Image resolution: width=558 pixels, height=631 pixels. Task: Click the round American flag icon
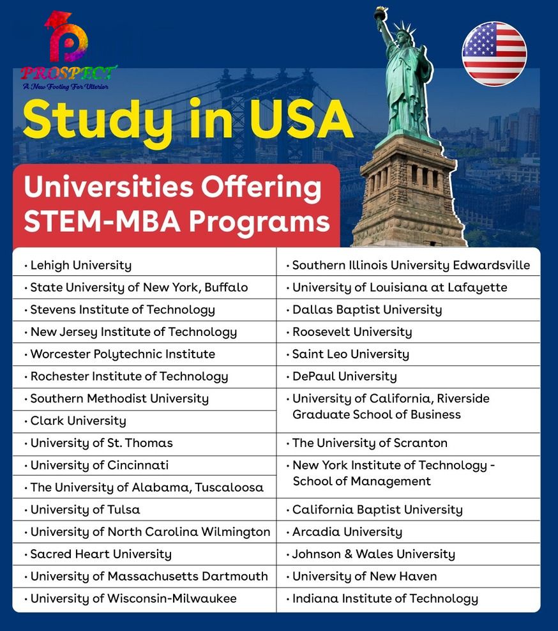click(494, 54)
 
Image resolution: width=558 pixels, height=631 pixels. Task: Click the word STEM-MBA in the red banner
click(102, 221)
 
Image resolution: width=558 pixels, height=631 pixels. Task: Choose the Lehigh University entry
click(80, 265)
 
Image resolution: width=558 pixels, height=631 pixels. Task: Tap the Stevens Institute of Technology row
click(123, 310)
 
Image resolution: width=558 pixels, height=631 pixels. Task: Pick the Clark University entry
click(78, 421)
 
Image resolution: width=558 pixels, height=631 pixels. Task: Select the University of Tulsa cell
click(85, 510)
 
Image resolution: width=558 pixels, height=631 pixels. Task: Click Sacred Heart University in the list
click(101, 554)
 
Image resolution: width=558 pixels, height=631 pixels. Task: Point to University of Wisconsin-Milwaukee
click(133, 598)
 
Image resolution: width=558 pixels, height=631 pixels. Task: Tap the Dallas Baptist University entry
click(367, 310)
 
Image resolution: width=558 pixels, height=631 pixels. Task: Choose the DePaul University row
click(344, 376)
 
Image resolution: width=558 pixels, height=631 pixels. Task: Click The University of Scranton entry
click(370, 443)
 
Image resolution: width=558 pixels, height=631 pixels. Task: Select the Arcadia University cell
click(347, 531)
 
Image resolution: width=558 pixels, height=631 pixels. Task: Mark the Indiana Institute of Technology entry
click(385, 598)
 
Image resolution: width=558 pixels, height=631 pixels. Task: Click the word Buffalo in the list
click(226, 287)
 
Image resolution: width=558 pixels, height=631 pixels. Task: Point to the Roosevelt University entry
click(352, 332)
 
